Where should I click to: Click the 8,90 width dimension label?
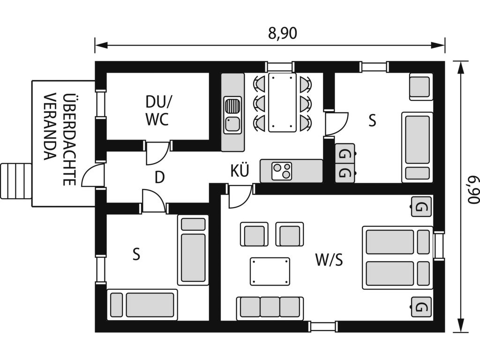coord(283,33)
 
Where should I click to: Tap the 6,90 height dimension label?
coord(472,189)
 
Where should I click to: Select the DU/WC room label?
coord(157,111)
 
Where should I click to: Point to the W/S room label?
coord(329,260)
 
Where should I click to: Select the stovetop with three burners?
coord(282,171)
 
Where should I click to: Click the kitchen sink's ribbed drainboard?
coord(233,106)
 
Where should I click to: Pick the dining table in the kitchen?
coord(282,102)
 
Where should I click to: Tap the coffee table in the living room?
coord(270,271)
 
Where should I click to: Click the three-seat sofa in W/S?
coord(270,307)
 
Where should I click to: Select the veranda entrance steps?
coord(16,181)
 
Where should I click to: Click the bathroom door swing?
coord(157,152)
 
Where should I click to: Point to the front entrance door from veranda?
coord(93,175)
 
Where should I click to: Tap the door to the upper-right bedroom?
coord(337,124)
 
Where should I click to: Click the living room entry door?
coord(240,196)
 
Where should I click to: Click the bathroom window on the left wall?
coord(100,105)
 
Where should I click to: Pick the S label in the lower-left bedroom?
coord(136,254)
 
